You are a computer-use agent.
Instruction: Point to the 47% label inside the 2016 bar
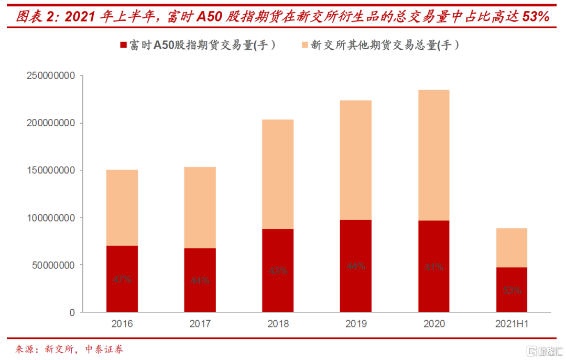point(122,279)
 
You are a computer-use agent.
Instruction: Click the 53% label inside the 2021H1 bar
point(512,290)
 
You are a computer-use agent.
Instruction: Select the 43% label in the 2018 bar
point(278,271)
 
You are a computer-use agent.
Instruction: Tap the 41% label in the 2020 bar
point(434,267)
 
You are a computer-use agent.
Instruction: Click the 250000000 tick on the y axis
point(50,76)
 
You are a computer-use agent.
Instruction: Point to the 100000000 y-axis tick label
point(50,217)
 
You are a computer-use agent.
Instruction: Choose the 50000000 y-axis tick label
point(53,265)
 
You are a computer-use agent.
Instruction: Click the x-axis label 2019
point(356,324)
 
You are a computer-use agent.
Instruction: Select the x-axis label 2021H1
point(512,324)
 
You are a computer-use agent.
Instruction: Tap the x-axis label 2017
point(200,324)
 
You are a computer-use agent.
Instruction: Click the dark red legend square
point(124,46)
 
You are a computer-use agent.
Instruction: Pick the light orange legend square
point(304,46)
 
